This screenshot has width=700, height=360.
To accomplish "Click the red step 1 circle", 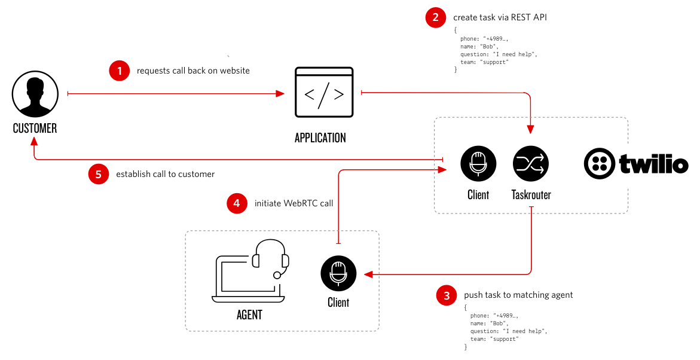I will click(x=120, y=71).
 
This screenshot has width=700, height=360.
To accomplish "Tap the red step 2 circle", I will click(x=436, y=17).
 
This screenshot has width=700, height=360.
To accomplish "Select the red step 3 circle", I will click(x=447, y=295).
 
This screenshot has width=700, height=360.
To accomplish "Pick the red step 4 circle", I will click(x=237, y=203).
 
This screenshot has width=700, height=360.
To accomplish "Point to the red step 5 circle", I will click(x=99, y=174).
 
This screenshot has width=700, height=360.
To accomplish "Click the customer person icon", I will click(x=35, y=94).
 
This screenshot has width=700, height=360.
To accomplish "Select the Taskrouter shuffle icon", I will click(x=531, y=163).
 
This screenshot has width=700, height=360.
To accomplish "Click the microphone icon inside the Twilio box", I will click(x=478, y=163).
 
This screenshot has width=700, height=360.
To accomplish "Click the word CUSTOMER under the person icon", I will click(x=35, y=128).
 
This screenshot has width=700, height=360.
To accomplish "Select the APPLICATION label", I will click(x=320, y=138).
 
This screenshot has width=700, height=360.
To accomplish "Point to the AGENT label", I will click(x=249, y=315).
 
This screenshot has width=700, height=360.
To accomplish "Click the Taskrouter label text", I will click(x=531, y=195).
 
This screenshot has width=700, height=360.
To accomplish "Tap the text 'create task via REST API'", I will click(x=500, y=17).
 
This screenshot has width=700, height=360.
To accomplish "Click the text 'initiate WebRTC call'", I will click(x=294, y=203).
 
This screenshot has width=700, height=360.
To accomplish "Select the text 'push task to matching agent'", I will click(x=518, y=295).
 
